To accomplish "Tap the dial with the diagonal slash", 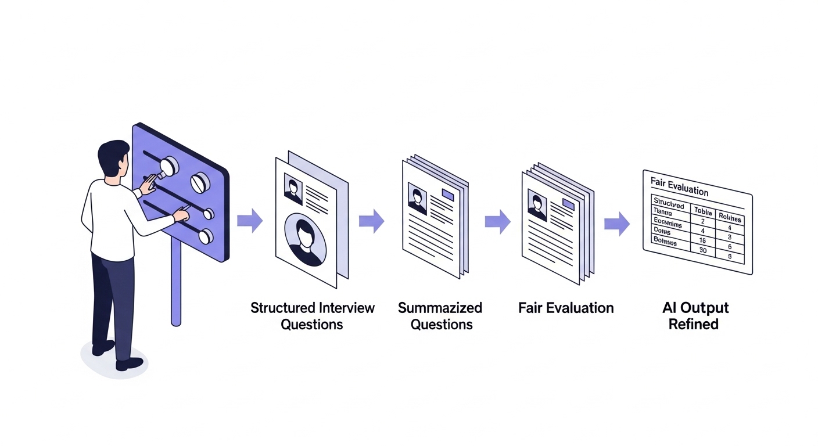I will point(200,183).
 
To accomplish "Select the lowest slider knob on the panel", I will point(204,236).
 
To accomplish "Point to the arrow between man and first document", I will point(250,221).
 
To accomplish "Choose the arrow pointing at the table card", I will point(616,224).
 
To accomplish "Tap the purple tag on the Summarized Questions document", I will point(449,195).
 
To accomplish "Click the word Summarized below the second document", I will point(440,308).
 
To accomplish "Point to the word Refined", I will point(693,324).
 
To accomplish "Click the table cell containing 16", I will point(702,239).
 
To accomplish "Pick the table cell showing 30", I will point(703,250).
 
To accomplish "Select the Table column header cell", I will point(703,213).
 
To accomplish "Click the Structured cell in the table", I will point(668,206).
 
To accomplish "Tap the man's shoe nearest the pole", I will point(129,364).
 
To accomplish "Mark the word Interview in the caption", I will point(346,308).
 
